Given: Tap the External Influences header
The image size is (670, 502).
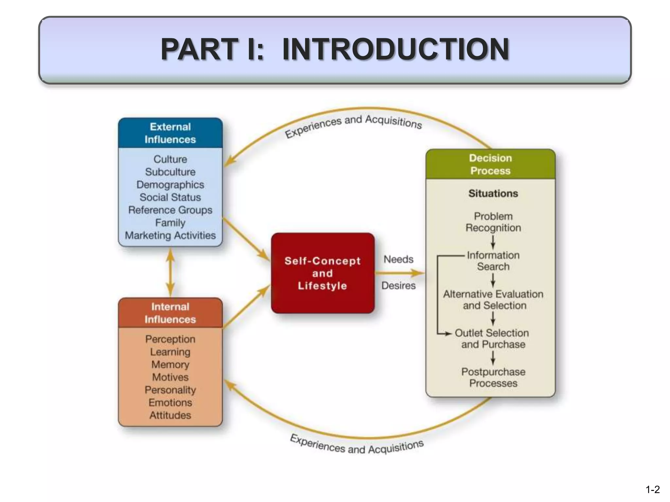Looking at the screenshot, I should coord(170,133).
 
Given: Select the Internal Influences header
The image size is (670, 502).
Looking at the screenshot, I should coord(170,313).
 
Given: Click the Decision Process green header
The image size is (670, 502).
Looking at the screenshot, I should coord(490,164).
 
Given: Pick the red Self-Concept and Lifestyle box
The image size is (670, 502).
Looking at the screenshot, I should coord(323,273).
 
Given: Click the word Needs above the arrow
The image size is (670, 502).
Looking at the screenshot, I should coord(398,259).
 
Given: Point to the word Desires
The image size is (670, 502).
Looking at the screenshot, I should coord(398,285).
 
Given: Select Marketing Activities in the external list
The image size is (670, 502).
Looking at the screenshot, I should coord(170,235).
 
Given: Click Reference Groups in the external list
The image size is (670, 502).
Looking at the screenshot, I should coord(170,210).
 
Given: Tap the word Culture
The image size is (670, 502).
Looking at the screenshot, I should coord(170,159).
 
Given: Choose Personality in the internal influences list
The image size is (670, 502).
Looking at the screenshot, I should coord(170,390).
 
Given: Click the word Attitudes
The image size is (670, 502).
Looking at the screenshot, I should coord(170,415).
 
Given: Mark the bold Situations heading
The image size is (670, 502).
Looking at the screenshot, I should coord(493,193).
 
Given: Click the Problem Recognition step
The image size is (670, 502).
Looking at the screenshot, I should coord(493,222).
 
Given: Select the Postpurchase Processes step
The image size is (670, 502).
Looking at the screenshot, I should coord(493,377).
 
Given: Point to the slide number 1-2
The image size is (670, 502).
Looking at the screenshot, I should coord(652,489).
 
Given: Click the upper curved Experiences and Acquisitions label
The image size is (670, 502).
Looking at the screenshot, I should coord(353,125).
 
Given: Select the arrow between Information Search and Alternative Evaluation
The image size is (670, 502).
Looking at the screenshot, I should coord(493,280).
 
